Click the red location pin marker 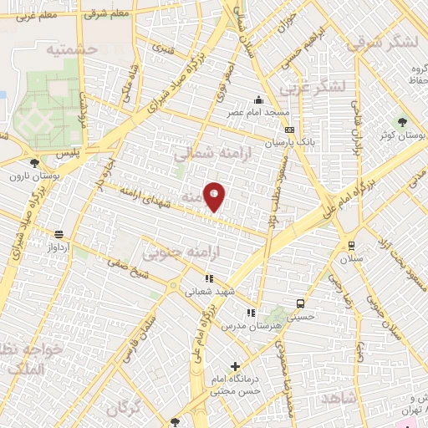(214, 197)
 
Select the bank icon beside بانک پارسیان (289, 130)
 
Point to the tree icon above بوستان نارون (34, 163)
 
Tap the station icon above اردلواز (58, 235)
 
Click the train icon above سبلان (351, 246)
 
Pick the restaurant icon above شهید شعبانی (208, 279)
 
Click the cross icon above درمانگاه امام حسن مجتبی (235, 366)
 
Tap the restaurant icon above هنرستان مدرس (250, 313)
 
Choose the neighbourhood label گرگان (125, 409)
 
